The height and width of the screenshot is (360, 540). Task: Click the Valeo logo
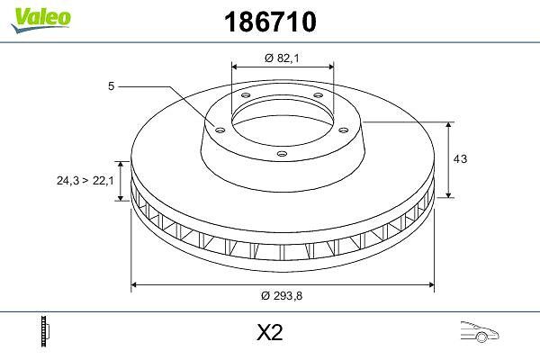[40, 20]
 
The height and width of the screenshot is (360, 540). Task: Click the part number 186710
[270, 22]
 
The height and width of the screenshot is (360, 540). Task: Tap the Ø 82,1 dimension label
[282, 58]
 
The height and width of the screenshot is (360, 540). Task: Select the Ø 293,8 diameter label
[282, 295]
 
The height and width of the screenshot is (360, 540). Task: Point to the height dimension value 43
[460, 158]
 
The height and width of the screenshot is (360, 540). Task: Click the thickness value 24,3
[67, 180]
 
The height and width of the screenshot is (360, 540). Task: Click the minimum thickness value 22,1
[103, 180]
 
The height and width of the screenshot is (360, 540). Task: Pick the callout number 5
[111, 85]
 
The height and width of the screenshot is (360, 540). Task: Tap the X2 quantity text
[270, 332]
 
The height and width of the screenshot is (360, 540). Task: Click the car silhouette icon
[480, 332]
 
